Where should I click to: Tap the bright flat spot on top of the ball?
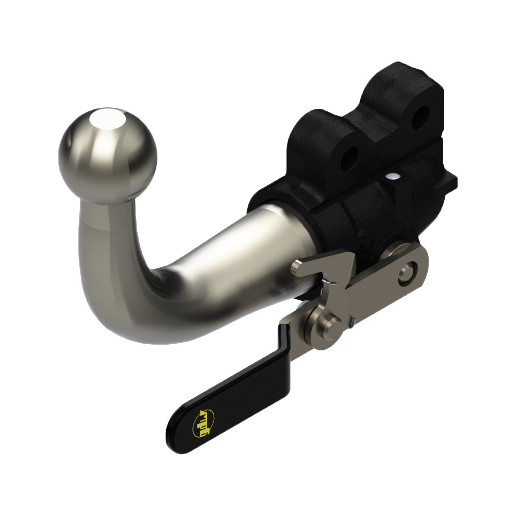pos(106,120)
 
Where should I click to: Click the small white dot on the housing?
pos(394,176)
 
